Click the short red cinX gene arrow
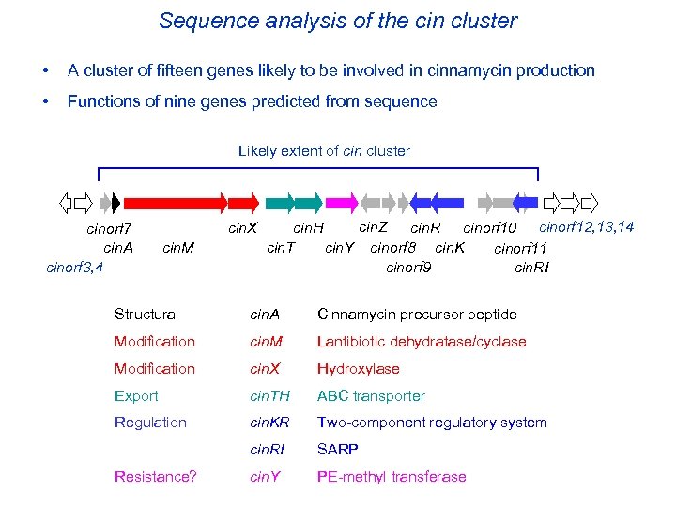point(244,202)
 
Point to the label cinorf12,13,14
point(586,227)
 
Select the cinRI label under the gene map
point(532,268)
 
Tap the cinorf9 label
point(409,268)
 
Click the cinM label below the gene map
point(178,248)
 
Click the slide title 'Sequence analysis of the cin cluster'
point(338,21)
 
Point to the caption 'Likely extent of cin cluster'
point(324,150)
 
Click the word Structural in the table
point(146,315)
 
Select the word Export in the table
point(136,396)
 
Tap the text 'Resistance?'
point(156,477)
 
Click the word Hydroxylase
point(358,369)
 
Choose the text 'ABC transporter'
point(371,396)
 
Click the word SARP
point(337,450)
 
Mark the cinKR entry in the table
point(269,422)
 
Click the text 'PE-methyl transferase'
point(392,477)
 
